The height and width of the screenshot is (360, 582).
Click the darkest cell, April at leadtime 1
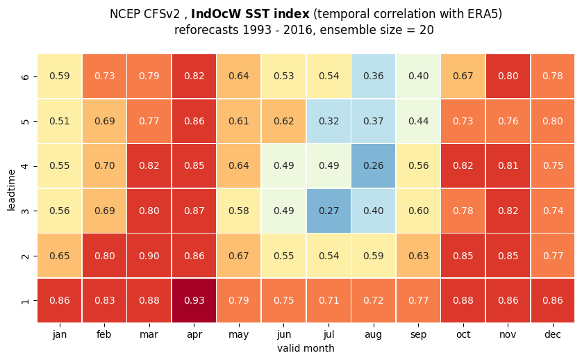coord(194,300)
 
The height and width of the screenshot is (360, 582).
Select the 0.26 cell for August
coord(374,165)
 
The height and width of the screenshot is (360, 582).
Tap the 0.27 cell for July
coord(329,211)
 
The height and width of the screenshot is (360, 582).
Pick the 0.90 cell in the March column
coord(149,256)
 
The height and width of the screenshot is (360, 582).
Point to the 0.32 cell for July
coord(329,121)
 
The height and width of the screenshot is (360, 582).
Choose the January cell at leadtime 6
coord(60,76)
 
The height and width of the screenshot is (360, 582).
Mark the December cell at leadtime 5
coord(553,121)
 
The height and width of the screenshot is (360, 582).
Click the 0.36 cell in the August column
coord(374,76)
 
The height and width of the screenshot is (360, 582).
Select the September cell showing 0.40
coord(418,76)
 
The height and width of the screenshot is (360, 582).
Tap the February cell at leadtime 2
coord(104,256)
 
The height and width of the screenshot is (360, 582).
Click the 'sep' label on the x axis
coord(418,335)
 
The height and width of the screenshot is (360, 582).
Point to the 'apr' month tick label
coord(194,335)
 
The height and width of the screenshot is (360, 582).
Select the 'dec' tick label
coord(553,334)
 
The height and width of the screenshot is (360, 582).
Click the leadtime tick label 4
coord(25,166)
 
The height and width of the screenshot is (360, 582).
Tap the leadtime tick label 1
coord(25,300)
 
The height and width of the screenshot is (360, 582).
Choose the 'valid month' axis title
coord(306,348)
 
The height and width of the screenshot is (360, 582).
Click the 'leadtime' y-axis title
coord(11,190)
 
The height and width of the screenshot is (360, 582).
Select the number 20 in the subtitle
coord(427,30)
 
